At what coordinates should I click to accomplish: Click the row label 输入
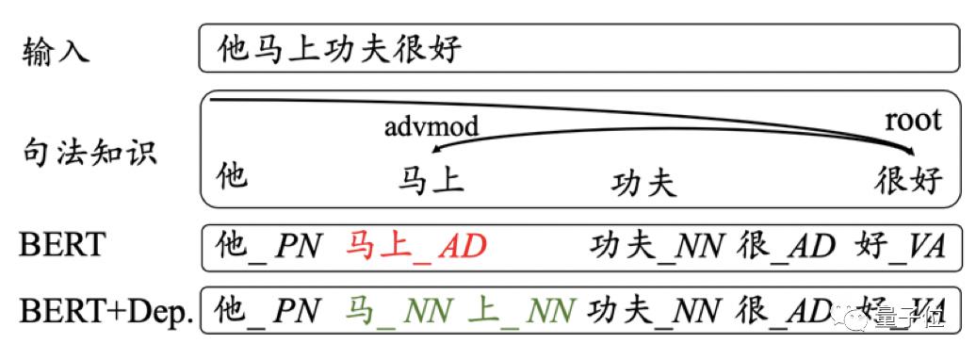(x=56, y=49)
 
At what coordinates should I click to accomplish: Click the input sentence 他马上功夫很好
(x=338, y=48)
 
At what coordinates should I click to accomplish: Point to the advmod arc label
(x=431, y=125)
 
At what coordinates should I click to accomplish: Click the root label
(x=912, y=120)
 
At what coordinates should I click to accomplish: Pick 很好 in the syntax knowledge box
(x=908, y=179)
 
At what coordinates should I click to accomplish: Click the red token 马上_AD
(x=415, y=247)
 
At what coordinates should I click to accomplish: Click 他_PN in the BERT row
(x=268, y=247)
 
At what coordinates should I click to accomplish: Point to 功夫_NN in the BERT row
(x=657, y=247)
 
